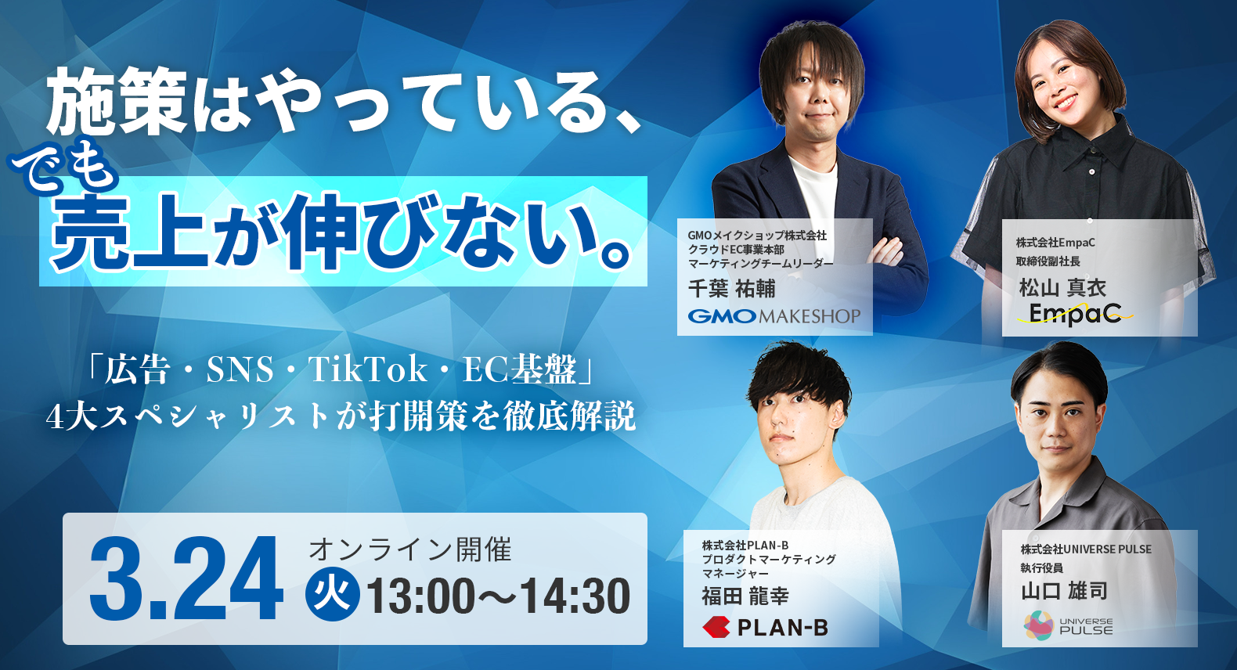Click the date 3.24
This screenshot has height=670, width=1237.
(x=186, y=580)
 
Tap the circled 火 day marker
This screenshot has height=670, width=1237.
(x=332, y=596)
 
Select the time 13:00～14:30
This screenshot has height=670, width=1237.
(x=498, y=596)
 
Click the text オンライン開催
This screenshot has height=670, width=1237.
(x=409, y=550)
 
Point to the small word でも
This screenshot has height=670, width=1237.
(x=64, y=167)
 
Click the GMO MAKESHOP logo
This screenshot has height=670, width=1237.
(x=774, y=316)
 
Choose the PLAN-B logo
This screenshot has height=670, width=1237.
(x=765, y=627)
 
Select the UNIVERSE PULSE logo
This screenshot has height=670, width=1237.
(x=1068, y=626)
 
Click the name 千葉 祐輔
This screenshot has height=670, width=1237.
(x=731, y=289)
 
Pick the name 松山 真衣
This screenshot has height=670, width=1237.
(x=1062, y=288)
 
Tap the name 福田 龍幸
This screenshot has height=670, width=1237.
(x=745, y=596)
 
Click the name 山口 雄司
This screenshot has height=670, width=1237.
(x=1063, y=590)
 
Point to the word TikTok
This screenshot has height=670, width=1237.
(x=367, y=369)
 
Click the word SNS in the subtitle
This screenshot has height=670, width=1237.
(x=240, y=369)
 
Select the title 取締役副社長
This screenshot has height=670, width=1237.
(x=1048, y=261)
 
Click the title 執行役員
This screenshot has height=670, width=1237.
(x=1041, y=568)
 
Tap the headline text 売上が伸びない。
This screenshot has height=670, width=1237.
(x=342, y=232)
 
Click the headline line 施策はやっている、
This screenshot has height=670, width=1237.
(x=344, y=102)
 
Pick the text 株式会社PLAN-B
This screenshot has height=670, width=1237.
(x=745, y=546)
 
